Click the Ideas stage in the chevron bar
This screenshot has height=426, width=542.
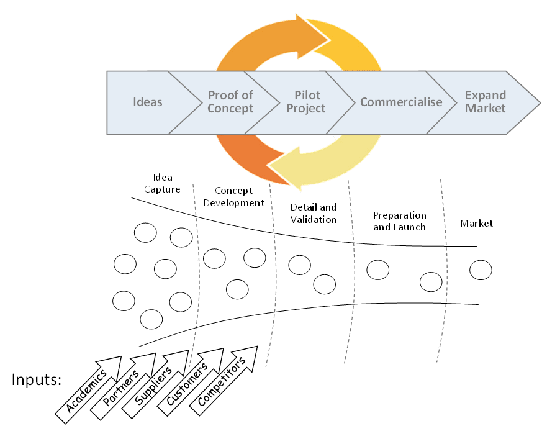(148, 102)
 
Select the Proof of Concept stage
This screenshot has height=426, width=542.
(230, 102)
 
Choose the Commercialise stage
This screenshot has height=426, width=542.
(401, 102)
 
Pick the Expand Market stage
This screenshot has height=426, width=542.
(486, 102)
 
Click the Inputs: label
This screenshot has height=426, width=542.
(37, 379)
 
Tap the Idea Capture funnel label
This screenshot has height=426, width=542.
(162, 184)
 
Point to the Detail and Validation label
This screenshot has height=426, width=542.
(313, 213)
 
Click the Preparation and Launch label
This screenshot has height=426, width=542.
(399, 221)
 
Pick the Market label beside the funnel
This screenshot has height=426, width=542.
(476, 223)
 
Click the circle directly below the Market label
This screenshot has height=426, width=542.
(481, 270)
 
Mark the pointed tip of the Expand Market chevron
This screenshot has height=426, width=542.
(538, 102)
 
